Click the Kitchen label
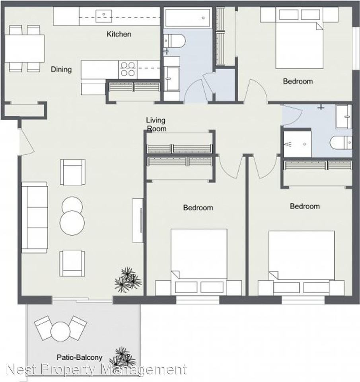[x=119, y=34]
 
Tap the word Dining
[x=61, y=70]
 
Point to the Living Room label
[x=156, y=125]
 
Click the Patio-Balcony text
[x=80, y=357]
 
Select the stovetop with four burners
[x=128, y=70]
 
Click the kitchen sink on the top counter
[x=104, y=16]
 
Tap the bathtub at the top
[x=187, y=18]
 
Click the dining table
[x=25, y=48]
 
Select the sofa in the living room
[x=34, y=217]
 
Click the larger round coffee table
[x=72, y=223]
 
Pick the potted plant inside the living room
[x=128, y=280]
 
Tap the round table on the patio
[x=60, y=331]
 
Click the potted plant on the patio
[x=123, y=358]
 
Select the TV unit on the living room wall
[x=138, y=220]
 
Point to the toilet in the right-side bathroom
[x=341, y=142]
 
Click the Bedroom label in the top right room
[x=298, y=81]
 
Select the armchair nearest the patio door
[x=72, y=263]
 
